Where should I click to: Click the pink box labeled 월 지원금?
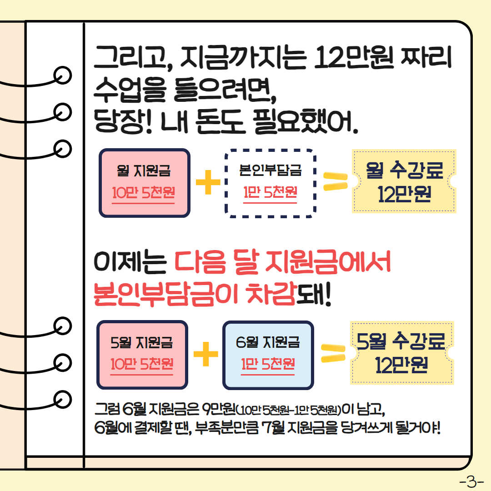[x=145, y=183]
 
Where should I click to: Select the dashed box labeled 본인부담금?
[x=271, y=183]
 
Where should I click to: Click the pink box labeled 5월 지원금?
[x=142, y=355]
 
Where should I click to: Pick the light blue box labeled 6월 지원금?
[x=268, y=355]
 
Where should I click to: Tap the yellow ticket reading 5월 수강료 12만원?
[x=402, y=353]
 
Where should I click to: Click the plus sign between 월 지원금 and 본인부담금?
[x=208, y=183]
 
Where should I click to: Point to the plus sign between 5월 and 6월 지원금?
[x=205, y=353]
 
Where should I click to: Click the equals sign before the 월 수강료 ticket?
[x=335, y=182]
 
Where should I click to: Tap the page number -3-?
[x=471, y=481]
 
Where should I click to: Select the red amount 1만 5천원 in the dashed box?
[x=271, y=192]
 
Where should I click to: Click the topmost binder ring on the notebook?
[x=62, y=74]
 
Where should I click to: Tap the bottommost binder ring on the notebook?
[x=62, y=398]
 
